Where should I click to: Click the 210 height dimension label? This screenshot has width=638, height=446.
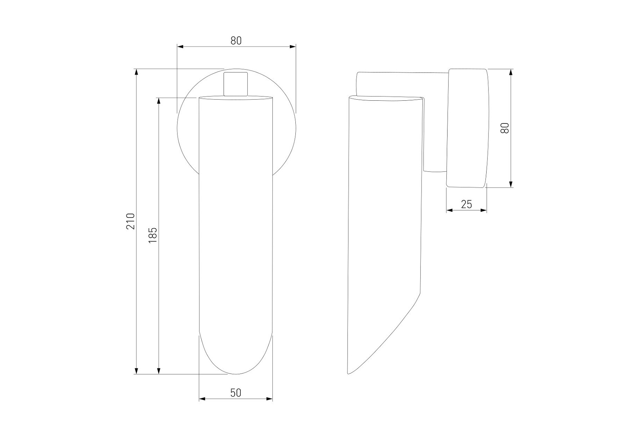[130, 221]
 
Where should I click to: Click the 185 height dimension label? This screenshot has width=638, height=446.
[153, 235]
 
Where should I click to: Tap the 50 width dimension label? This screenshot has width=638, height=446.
[236, 393]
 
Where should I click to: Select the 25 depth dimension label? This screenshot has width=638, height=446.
[467, 204]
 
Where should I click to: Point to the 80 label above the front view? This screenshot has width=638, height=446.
[236, 41]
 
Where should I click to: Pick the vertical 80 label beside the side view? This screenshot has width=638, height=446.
[505, 128]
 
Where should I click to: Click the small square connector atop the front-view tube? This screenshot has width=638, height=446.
[235, 84]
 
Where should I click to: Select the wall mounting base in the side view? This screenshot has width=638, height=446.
[467, 128]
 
